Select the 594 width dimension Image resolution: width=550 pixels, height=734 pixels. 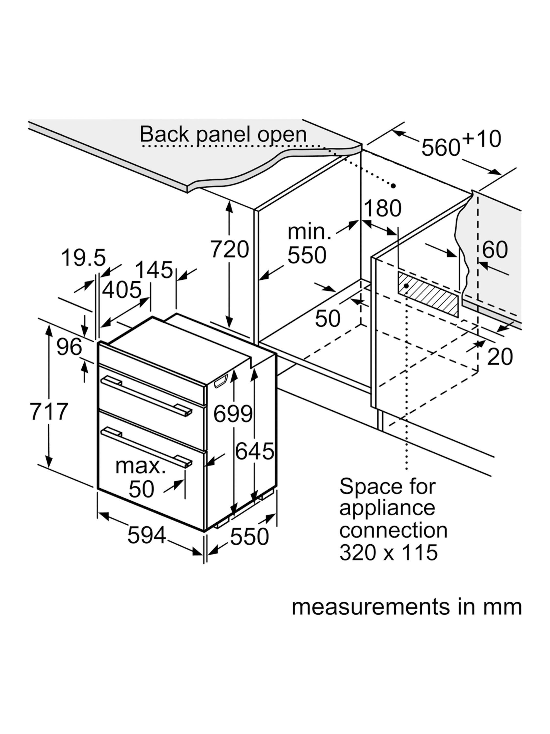tap(146, 535)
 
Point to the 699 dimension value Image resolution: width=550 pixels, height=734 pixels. tap(233, 414)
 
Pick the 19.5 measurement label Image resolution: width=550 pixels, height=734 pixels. tap(84, 258)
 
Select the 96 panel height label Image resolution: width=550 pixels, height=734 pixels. tap(69, 347)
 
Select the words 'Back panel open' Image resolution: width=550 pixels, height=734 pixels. tap(223, 134)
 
